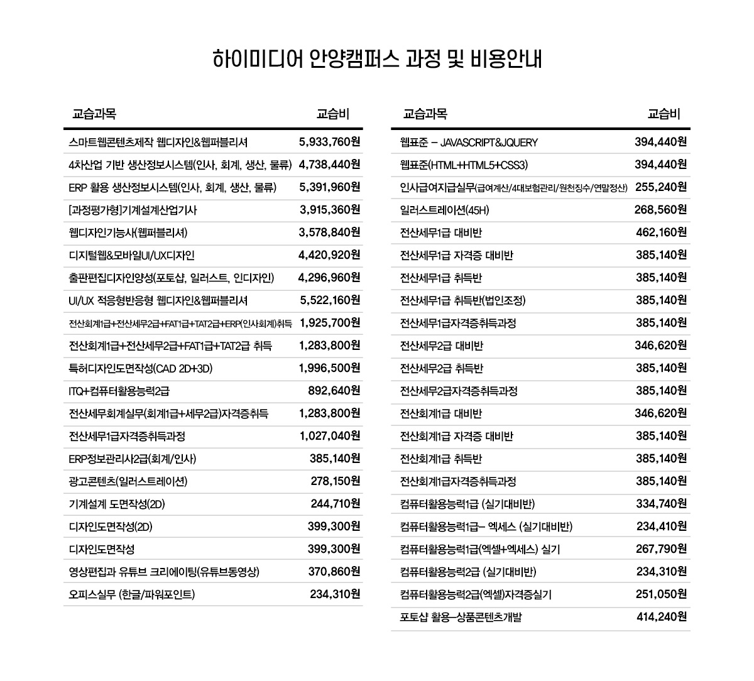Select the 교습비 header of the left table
[332, 114]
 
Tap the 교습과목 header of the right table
[425, 114]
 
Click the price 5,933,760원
[329, 142]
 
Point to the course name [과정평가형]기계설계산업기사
[133, 210]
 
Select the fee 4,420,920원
[329, 255]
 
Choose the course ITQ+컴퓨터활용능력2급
[119, 391]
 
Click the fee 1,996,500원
[329, 368]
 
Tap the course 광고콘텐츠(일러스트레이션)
[128, 481]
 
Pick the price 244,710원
[335, 504]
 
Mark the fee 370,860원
[334, 572]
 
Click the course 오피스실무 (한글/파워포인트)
[131, 594]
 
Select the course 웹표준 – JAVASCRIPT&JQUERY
[469, 142]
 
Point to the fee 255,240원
[661, 187]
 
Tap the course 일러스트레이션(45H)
[444, 210]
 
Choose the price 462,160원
[662, 232]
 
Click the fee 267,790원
[662, 549]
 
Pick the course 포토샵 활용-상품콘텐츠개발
[461, 617]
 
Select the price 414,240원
[662, 617]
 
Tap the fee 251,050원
[662, 594]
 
